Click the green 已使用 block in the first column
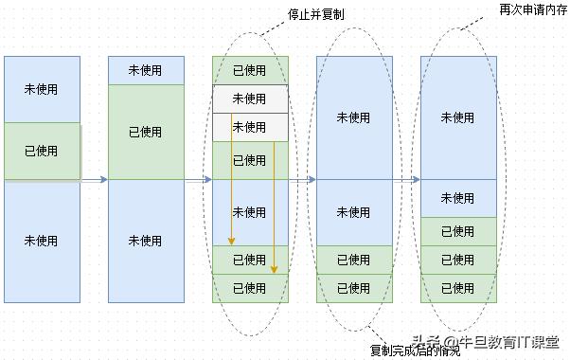click(x=42, y=151)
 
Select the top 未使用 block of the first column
click(x=42, y=89)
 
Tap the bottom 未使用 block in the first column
click(x=42, y=241)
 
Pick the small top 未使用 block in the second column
click(x=146, y=70)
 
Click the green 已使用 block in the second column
click(x=146, y=132)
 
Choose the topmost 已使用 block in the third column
click(x=250, y=70)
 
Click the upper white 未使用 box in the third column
click(x=250, y=99)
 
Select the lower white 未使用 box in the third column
click(x=250, y=127)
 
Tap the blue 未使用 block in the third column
click(x=250, y=212)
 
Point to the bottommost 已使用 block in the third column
click(x=250, y=288)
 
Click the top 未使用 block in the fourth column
click(x=354, y=117)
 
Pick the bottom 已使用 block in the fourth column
click(x=354, y=288)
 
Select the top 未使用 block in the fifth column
click(x=458, y=117)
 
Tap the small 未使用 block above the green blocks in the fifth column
click(x=458, y=198)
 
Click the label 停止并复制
click(x=317, y=16)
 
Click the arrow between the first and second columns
click(x=94, y=179)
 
